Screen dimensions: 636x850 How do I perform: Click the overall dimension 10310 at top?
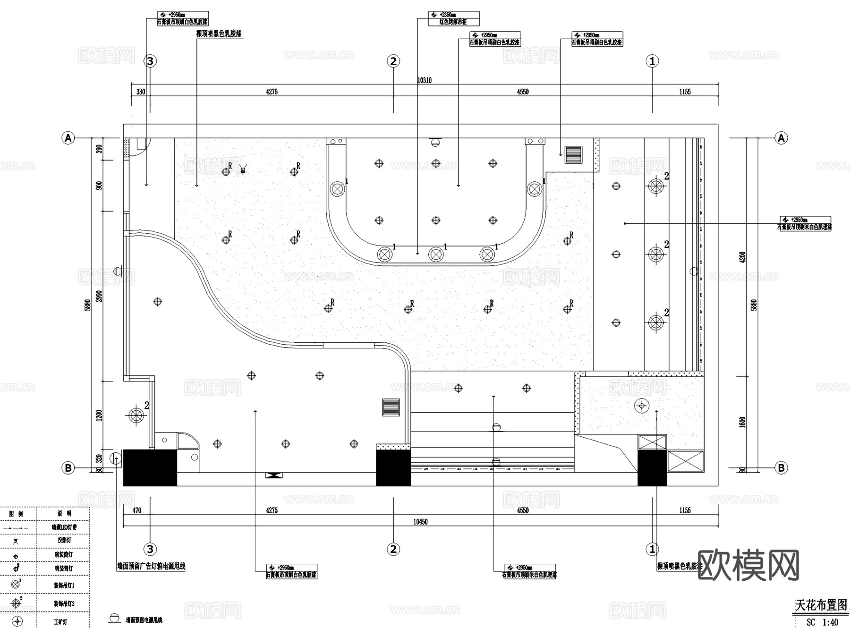tap(424, 80)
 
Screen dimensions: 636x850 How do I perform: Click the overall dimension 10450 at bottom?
tap(420, 522)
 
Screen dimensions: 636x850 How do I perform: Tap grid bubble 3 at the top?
tap(150, 61)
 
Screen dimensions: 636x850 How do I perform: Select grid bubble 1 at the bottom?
tap(652, 549)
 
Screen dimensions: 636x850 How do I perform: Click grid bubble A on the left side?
tap(68, 138)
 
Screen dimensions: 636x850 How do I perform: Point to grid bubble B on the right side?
tap(781, 468)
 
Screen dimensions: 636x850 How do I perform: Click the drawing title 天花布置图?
tap(821, 605)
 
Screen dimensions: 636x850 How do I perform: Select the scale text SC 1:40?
tap(822, 622)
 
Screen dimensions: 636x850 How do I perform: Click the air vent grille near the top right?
tap(574, 154)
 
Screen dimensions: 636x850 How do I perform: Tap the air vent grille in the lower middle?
tap(391, 407)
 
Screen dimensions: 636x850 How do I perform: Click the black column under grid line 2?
tap(393, 468)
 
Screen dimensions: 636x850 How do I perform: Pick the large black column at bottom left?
tap(150, 467)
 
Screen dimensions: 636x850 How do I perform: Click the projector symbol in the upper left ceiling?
tap(243, 169)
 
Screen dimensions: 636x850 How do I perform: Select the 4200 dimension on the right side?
tap(742, 257)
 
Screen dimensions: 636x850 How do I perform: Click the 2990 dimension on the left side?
tap(99, 296)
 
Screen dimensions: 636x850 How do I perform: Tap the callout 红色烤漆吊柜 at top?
tap(453, 22)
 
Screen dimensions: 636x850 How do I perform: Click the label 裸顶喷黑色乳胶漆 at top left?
tap(219, 34)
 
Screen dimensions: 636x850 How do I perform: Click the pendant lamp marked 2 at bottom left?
tap(136, 416)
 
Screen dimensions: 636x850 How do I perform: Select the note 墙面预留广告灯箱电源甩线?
tap(151, 566)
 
